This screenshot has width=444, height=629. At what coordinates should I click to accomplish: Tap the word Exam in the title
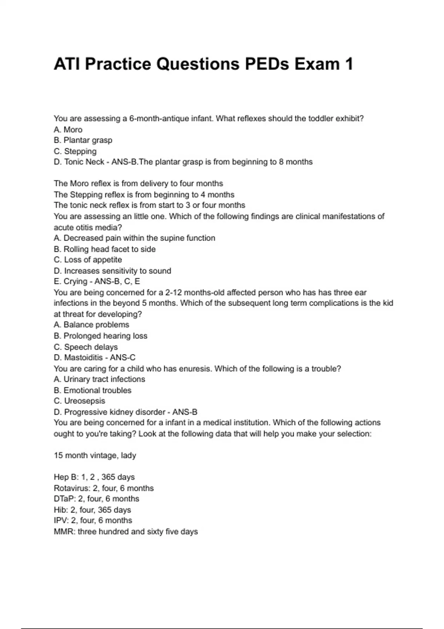317,64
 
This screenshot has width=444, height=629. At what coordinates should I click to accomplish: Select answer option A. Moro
68,129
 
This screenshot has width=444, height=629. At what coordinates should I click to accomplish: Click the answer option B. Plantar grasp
83,140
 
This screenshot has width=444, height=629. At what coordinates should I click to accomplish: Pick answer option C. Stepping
75,151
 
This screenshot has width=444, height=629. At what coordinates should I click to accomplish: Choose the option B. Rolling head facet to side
105,249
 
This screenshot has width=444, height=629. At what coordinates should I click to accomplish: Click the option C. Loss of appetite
88,260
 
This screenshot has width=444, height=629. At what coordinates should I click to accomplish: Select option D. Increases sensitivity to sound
112,271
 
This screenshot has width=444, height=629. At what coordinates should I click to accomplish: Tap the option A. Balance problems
91,325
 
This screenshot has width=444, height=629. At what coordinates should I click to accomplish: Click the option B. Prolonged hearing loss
101,336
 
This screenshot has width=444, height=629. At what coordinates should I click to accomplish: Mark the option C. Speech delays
86,347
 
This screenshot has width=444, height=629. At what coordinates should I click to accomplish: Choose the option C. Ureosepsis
80,401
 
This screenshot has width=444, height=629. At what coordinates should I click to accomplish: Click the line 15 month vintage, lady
95,455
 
